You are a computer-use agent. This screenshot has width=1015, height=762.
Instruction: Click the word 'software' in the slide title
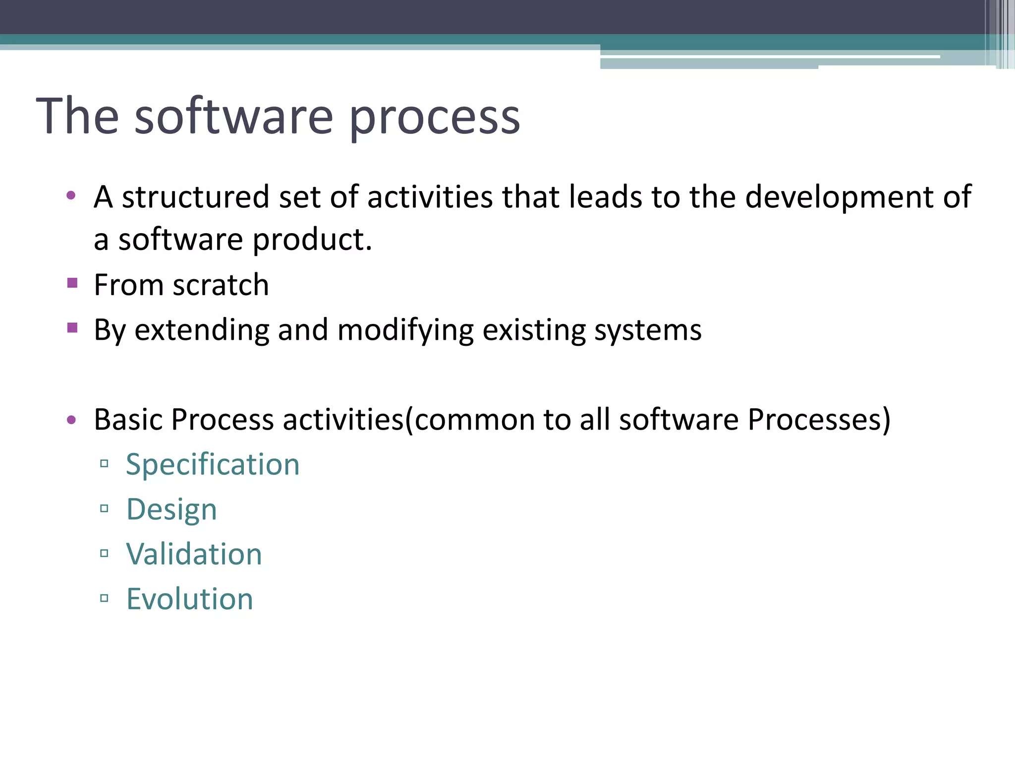point(234,117)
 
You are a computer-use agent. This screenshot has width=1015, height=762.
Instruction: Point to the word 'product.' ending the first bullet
point(312,240)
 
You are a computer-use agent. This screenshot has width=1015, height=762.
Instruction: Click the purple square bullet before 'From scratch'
point(72,283)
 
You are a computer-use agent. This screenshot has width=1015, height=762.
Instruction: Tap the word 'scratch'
point(221,285)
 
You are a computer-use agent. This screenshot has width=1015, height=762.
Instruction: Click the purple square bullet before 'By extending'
point(72,328)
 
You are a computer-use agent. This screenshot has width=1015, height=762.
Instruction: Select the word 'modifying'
point(405,330)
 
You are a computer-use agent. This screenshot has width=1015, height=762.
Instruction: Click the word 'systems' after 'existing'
point(648,330)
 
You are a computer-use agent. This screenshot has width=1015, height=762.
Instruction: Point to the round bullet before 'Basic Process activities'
point(71,420)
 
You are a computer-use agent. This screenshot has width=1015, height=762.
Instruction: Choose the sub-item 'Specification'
point(213,465)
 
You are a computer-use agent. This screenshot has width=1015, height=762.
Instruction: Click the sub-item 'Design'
point(171,509)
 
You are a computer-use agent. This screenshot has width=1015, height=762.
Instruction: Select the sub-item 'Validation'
point(194,554)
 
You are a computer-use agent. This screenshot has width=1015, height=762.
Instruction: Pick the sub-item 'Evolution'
point(189,599)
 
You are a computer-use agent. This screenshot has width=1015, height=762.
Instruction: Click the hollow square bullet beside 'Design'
point(104,508)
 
